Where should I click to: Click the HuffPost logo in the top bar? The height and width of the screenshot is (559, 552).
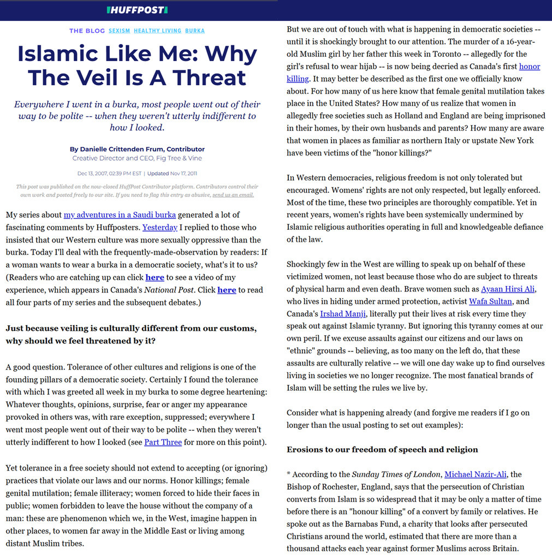coord(137,10)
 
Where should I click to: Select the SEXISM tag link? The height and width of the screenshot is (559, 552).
coord(119,31)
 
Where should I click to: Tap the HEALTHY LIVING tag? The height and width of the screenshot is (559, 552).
coord(157,31)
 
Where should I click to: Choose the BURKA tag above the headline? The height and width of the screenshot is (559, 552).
coord(195,31)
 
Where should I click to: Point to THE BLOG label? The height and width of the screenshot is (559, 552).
coord(87,31)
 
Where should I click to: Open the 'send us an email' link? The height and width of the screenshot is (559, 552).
coord(233,195)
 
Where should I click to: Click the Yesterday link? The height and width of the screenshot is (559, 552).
coord(159,227)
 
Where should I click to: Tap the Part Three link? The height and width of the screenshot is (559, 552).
coord(163,442)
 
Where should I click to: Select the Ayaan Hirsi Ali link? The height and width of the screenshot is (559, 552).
coord(508,289)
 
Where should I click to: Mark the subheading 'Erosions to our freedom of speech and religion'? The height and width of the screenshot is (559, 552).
coord(382,450)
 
